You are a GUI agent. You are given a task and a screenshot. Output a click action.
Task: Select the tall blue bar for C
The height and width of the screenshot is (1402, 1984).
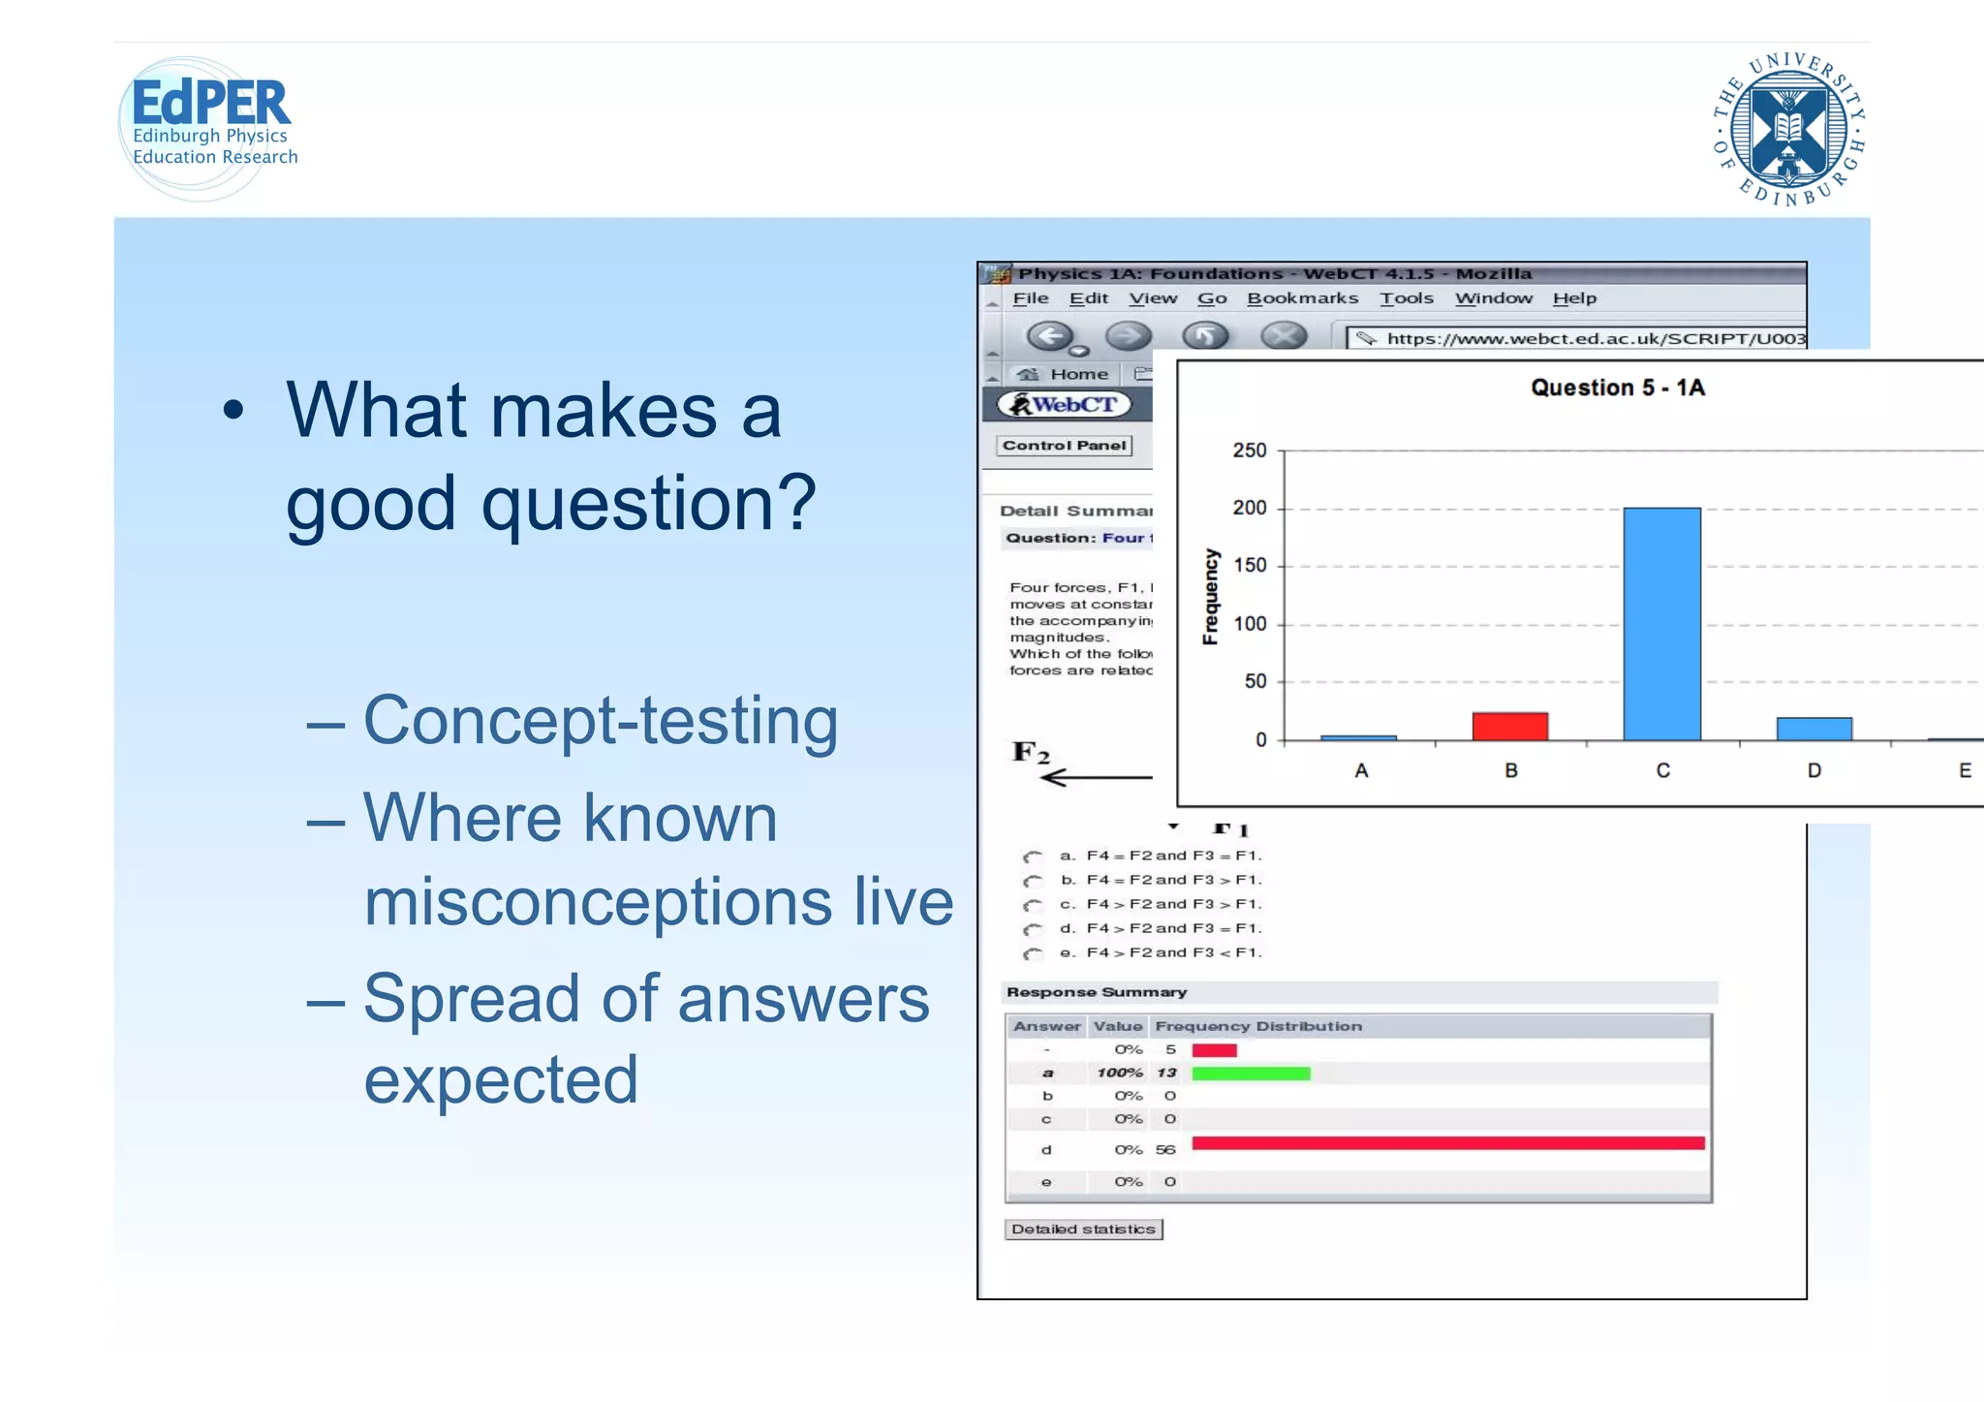click(x=1661, y=624)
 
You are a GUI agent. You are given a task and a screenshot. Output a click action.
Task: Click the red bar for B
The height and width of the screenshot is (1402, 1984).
click(x=1509, y=727)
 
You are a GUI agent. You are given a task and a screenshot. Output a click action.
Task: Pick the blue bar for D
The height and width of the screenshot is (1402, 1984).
click(x=1813, y=729)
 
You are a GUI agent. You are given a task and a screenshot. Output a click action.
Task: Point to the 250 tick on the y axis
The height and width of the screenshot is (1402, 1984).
click(x=1250, y=451)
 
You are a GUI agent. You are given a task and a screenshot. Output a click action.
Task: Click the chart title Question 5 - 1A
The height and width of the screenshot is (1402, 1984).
click(x=1617, y=388)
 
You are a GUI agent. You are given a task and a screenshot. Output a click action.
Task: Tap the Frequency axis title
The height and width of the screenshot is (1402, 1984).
click(x=1210, y=597)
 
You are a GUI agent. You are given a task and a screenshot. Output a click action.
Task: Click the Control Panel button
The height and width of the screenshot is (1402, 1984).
click(x=1064, y=446)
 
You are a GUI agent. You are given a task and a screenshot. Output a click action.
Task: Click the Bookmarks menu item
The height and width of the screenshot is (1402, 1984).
click(x=1302, y=298)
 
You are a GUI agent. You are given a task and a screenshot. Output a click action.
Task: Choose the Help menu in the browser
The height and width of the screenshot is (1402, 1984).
click(x=1574, y=298)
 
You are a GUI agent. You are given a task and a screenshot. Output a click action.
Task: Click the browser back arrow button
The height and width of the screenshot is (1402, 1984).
click(x=1050, y=336)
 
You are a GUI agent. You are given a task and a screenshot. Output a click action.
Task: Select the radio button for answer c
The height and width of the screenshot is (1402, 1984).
click(x=1033, y=905)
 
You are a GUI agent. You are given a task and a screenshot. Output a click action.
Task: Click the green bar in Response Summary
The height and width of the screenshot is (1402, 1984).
click(x=1251, y=1074)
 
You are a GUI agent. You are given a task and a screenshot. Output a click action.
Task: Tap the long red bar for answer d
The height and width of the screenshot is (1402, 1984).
click(x=1447, y=1143)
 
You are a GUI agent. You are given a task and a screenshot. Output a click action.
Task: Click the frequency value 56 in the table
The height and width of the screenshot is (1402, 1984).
click(x=1165, y=1150)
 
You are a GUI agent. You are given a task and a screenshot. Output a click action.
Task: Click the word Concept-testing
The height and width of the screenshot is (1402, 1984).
click(x=601, y=721)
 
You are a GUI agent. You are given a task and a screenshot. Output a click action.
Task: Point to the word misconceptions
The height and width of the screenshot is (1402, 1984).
click(x=597, y=902)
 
